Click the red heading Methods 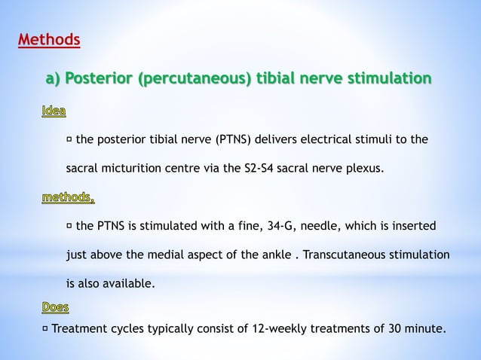(x=49, y=38)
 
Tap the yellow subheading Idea (x=53, y=112)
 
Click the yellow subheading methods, (x=67, y=199)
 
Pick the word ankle (x=274, y=255)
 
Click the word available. (x=130, y=284)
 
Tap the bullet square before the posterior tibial (x=69, y=139)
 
